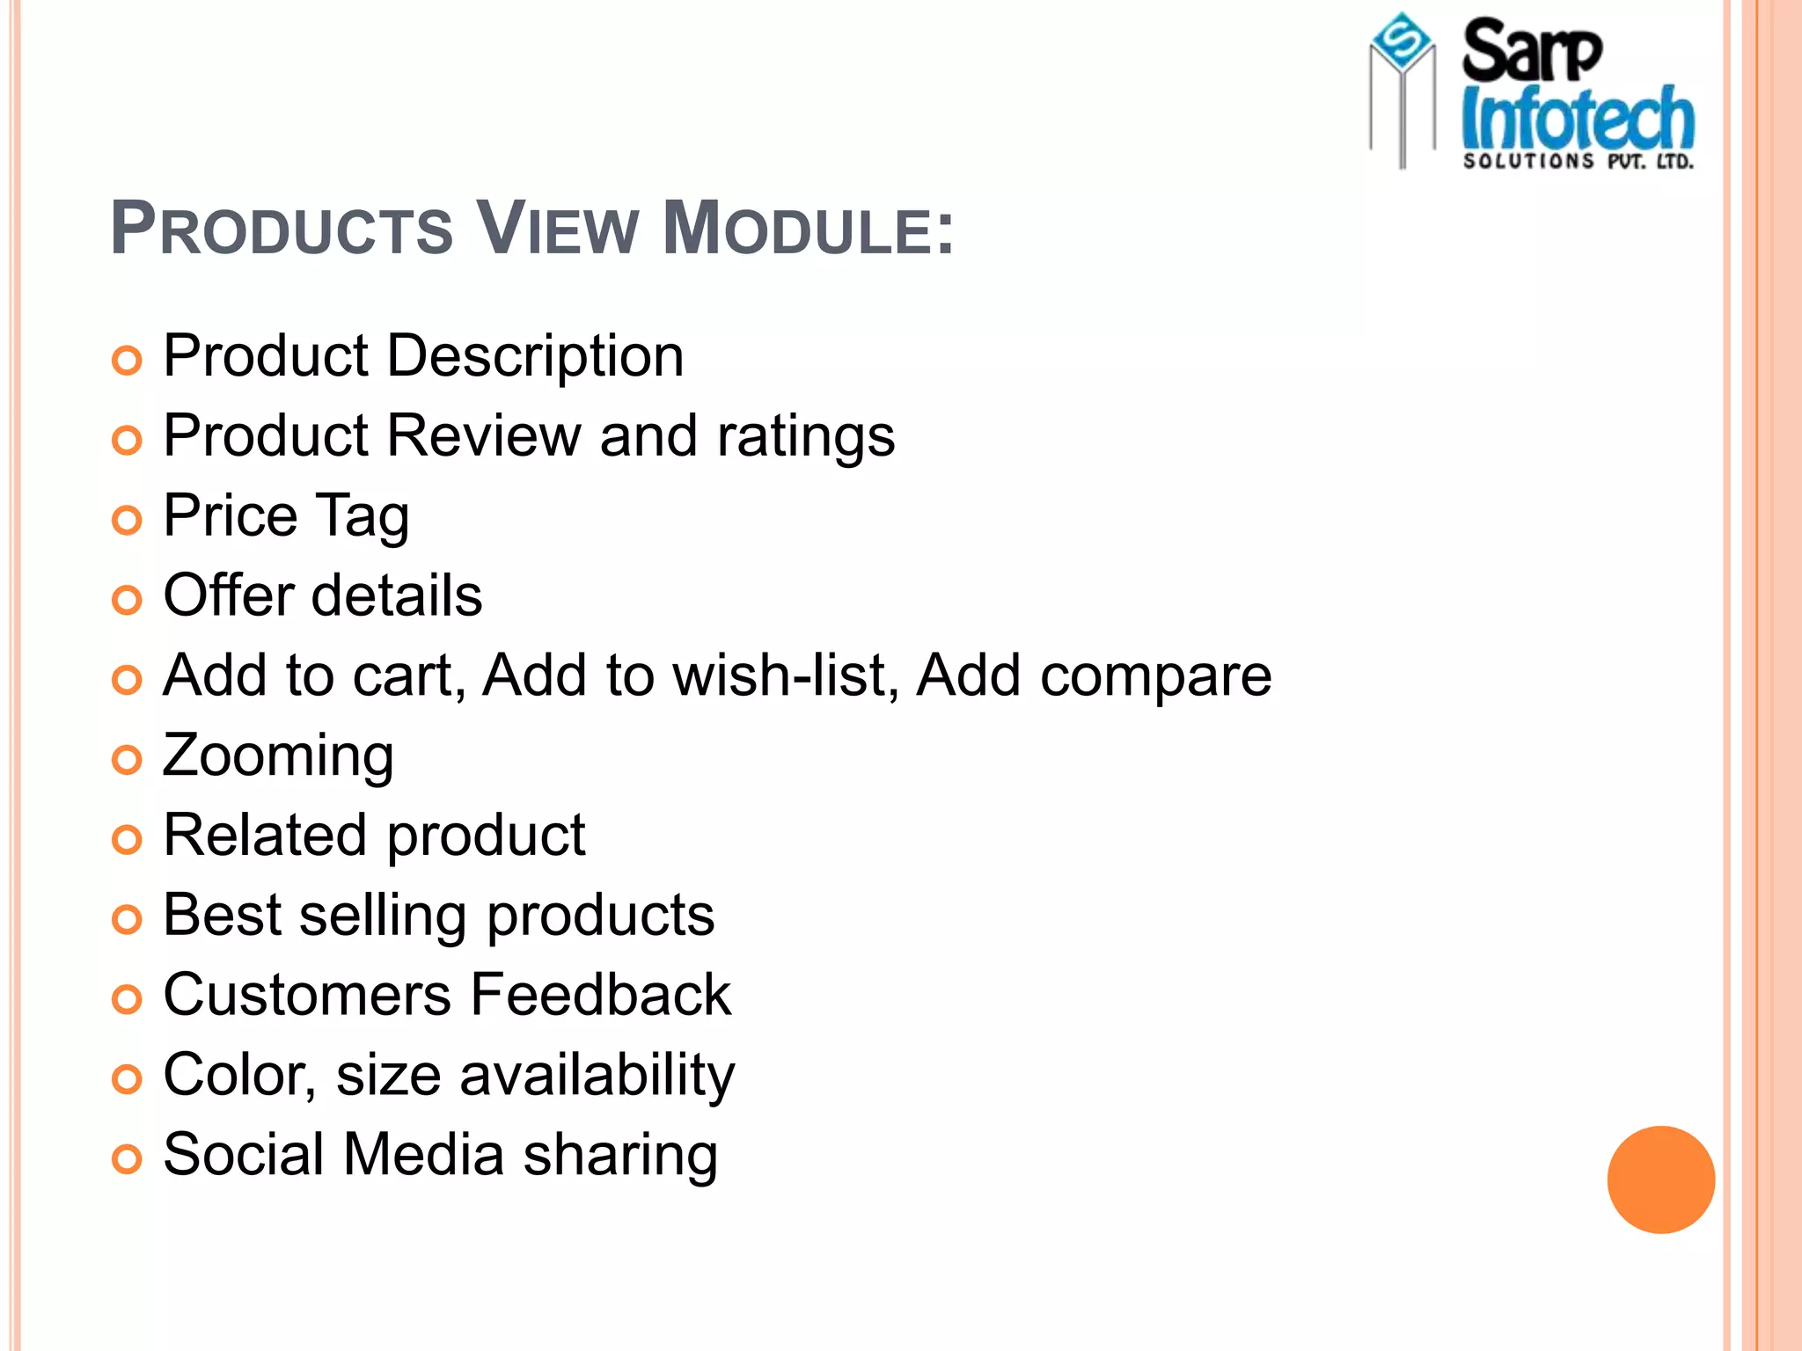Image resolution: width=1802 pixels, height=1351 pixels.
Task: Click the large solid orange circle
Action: (1660, 1179)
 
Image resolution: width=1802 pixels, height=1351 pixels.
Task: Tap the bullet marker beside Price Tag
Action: (128, 521)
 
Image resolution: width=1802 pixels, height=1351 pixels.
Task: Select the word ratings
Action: (805, 437)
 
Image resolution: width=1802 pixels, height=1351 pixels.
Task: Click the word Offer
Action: (228, 595)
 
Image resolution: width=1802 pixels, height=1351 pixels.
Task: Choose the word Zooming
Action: (278, 756)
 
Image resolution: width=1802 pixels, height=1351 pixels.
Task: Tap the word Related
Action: (265, 835)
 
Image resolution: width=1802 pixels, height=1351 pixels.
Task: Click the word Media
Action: (423, 1155)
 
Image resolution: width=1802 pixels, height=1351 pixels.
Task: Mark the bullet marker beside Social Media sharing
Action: (128, 1159)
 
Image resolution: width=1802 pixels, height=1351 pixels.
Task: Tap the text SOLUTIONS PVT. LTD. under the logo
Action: (1577, 161)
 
